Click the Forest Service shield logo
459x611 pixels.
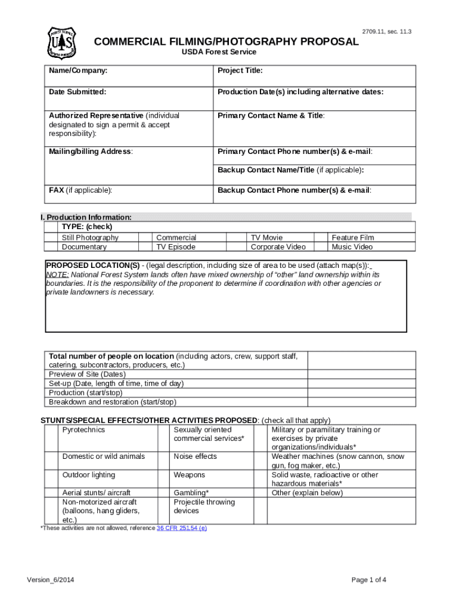pos(62,43)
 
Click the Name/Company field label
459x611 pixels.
pos(78,70)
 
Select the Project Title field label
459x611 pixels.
pos(240,70)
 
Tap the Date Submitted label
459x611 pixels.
pos(77,92)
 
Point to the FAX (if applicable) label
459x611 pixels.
pos(80,190)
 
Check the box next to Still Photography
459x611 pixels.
pos(52,237)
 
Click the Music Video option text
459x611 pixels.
pos(352,247)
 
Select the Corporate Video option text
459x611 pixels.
pos(278,247)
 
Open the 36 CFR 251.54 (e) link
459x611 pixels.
pos(182,529)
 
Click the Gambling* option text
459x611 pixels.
pos(191,493)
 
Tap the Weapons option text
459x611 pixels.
pos(189,475)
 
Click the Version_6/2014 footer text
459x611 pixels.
pos(51,580)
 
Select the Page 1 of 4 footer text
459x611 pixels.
pos(369,580)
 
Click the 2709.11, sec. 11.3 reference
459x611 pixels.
pos(386,32)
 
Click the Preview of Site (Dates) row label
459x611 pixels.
pos(87,374)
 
